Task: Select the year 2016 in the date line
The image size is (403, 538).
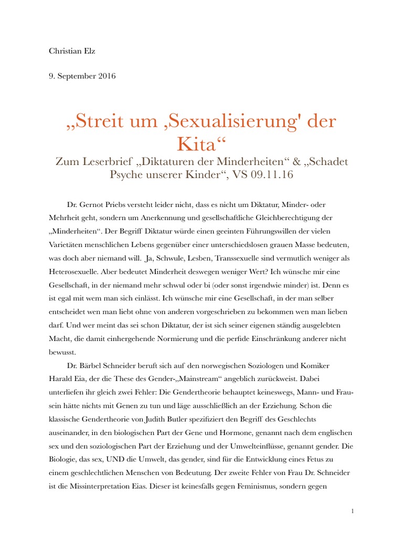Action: pos(104,76)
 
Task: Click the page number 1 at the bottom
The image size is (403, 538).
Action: pos(352,511)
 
